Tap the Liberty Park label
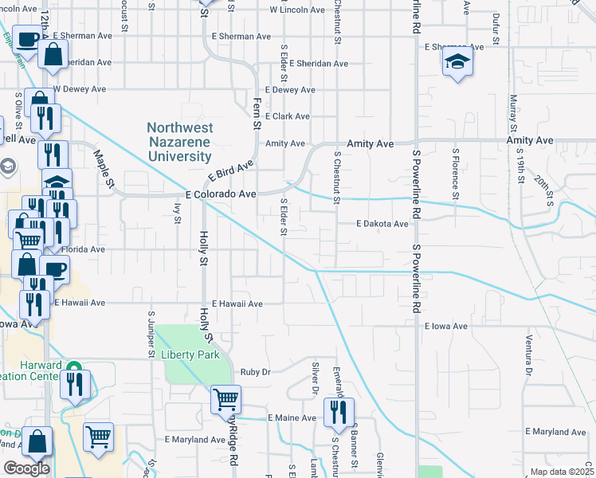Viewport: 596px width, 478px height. click(189, 355)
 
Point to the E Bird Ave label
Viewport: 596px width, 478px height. click(230, 170)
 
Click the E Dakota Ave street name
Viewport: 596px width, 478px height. click(382, 224)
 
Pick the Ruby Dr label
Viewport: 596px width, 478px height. click(256, 371)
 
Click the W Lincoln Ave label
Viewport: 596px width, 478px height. click(297, 10)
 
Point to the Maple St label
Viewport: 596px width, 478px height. click(104, 168)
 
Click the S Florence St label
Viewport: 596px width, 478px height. click(455, 173)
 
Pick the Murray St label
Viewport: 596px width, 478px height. click(513, 115)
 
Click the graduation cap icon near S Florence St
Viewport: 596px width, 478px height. click(457, 62)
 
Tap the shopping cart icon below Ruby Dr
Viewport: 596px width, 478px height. click(225, 399)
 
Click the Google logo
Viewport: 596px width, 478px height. click(26, 468)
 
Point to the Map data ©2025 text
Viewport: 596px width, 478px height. click(562, 472)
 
